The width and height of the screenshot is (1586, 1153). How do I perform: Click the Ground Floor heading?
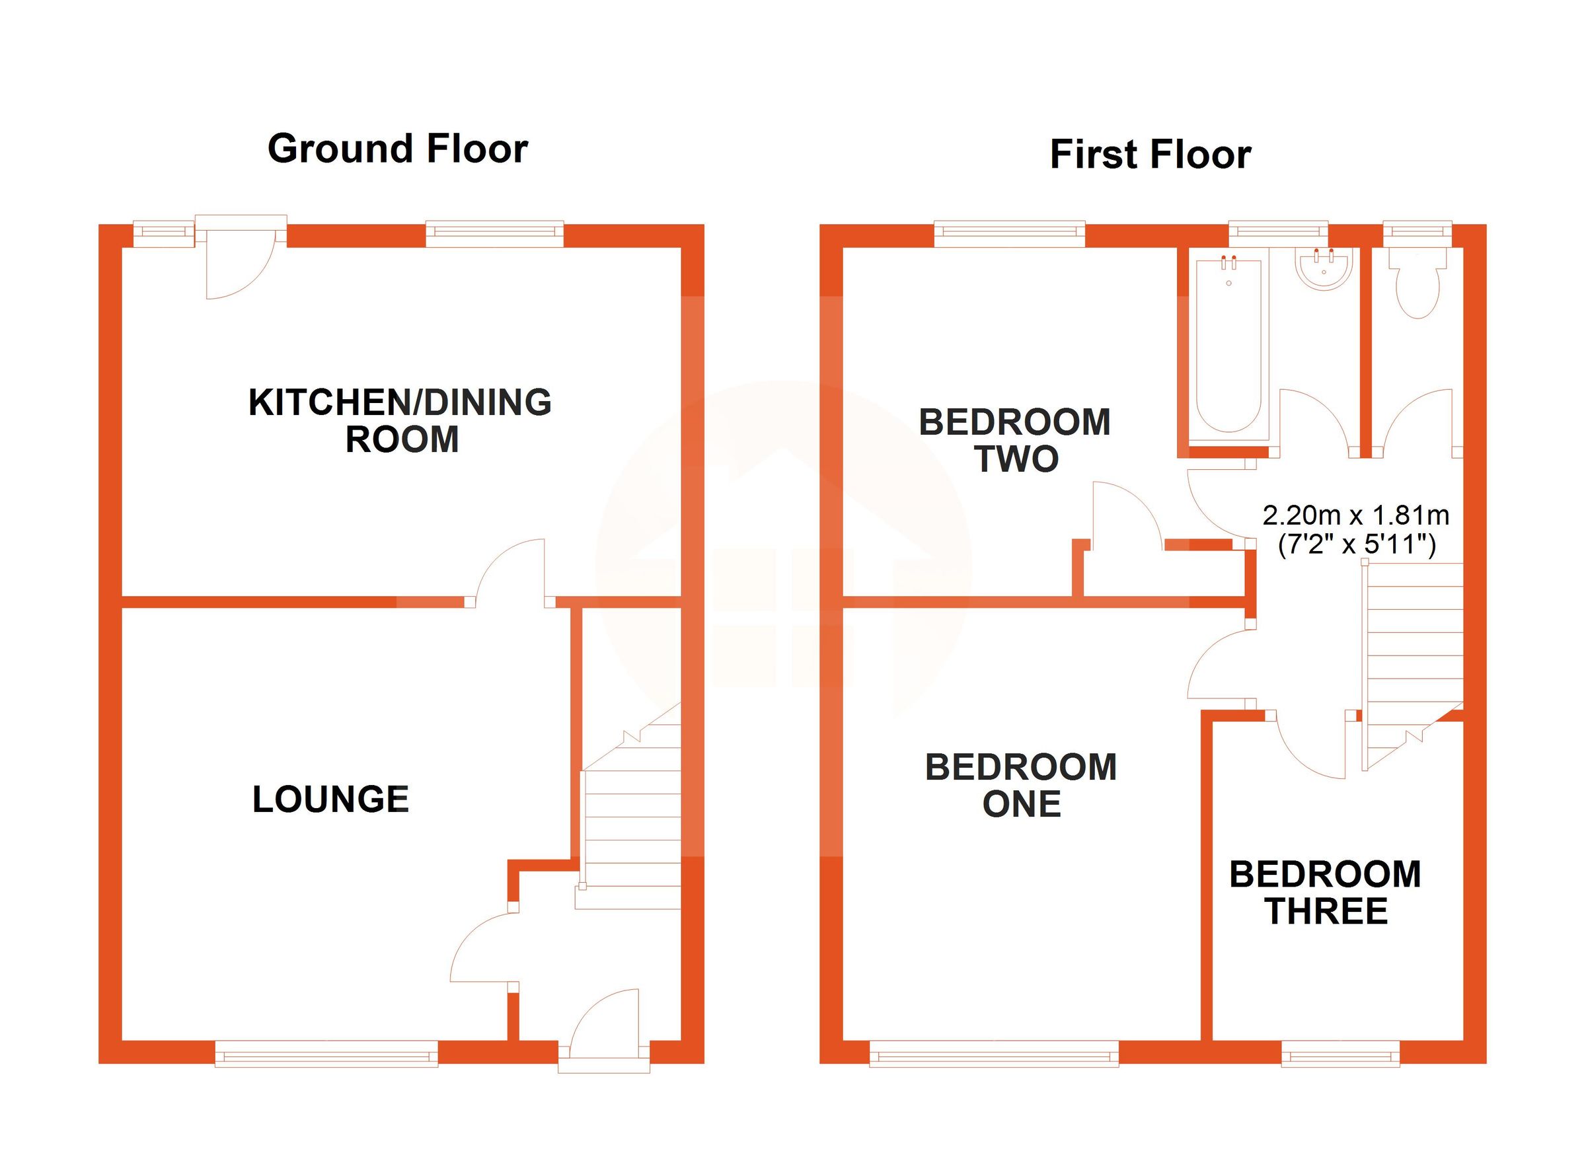pyautogui.click(x=397, y=149)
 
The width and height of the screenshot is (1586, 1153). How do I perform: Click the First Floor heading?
pyautogui.click(x=1150, y=155)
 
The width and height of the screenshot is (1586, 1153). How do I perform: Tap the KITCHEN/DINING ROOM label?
pyautogui.click(x=400, y=420)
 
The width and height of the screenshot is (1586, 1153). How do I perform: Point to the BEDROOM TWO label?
pyautogui.click(x=1014, y=441)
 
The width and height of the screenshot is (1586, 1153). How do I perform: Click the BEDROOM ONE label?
pyautogui.click(x=1020, y=785)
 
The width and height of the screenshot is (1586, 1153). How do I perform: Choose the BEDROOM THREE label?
pyautogui.click(x=1325, y=893)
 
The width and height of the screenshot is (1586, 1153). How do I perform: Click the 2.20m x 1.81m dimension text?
pyautogui.click(x=1355, y=515)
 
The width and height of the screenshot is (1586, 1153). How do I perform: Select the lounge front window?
pyautogui.click(x=326, y=1054)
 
